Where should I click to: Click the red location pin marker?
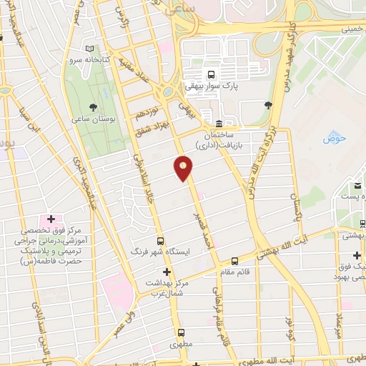[x=184, y=168]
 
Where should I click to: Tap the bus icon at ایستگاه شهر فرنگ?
[x=160, y=241]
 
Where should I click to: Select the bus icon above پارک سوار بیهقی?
[x=210, y=74]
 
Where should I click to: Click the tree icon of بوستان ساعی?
[x=92, y=107]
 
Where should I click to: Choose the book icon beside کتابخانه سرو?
[x=89, y=48]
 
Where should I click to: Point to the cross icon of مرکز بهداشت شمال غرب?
[x=167, y=272]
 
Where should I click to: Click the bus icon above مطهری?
[x=181, y=332]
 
